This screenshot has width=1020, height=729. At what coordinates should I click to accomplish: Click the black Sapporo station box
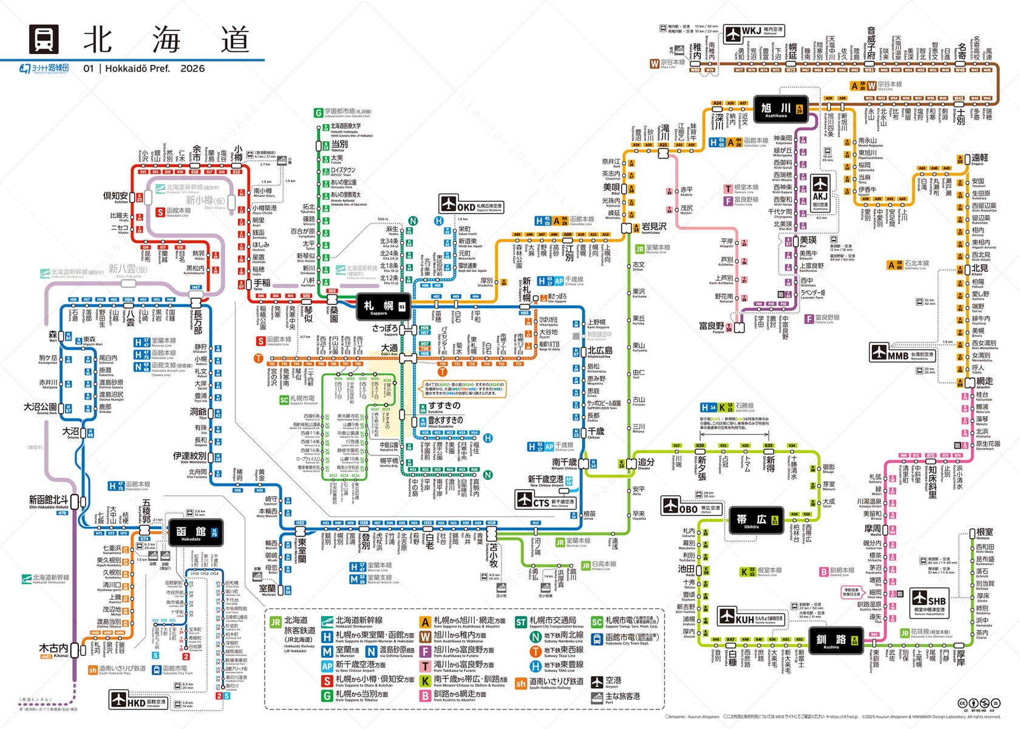(x=383, y=306)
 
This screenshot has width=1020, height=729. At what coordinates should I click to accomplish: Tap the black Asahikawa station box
(x=780, y=109)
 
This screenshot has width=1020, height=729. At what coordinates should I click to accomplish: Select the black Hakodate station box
(x=195, y=533)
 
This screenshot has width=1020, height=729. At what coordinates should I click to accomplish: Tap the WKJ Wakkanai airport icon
(x=733, y=32)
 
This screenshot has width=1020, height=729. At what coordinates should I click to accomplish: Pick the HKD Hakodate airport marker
(x=118, y=699)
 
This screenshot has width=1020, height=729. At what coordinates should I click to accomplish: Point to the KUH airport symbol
(x=726, y=616)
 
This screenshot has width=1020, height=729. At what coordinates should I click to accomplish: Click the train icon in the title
(x=44, y=40)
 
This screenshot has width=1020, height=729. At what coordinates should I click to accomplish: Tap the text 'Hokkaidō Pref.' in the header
(x=138, y=69)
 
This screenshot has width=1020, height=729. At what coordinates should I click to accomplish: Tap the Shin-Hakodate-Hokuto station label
(x=49, y=501)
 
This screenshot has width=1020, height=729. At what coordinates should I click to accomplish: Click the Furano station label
(x=712, y=327)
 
